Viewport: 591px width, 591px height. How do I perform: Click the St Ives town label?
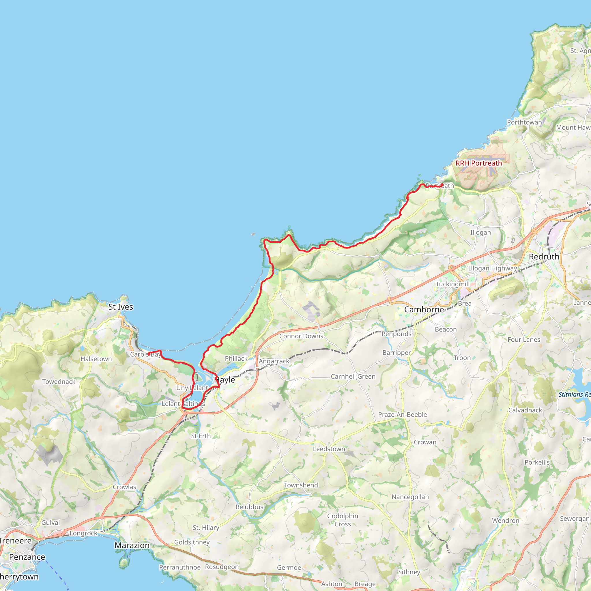pos(121,307)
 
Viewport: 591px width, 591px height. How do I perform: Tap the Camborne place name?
pos(424,310)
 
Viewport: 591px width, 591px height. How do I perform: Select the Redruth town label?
pos(544,257)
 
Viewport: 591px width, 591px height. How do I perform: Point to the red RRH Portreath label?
pos(479,163)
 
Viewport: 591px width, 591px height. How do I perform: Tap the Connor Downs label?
pos(301,336)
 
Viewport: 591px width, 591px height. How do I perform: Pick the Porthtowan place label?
pos(524,122)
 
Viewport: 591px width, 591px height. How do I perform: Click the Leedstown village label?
pos(329,449)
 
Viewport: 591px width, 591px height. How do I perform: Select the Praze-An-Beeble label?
pos(402,414)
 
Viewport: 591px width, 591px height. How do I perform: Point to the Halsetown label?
pos(96,359)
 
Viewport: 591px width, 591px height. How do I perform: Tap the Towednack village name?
pos(59,382)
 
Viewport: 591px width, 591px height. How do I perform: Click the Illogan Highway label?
pos(493,268)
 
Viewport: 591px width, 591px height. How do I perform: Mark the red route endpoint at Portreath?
pos(442,185)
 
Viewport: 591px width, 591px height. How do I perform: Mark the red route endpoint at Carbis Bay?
pos(149,354)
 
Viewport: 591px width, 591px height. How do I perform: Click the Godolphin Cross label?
pos(343,520)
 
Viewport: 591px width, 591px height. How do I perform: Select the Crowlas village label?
pos(124,487)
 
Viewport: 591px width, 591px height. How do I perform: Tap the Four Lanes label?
pos(524,340)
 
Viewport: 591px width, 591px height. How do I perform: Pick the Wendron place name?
pos(505,521)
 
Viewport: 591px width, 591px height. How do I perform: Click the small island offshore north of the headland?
pos(253,235)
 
